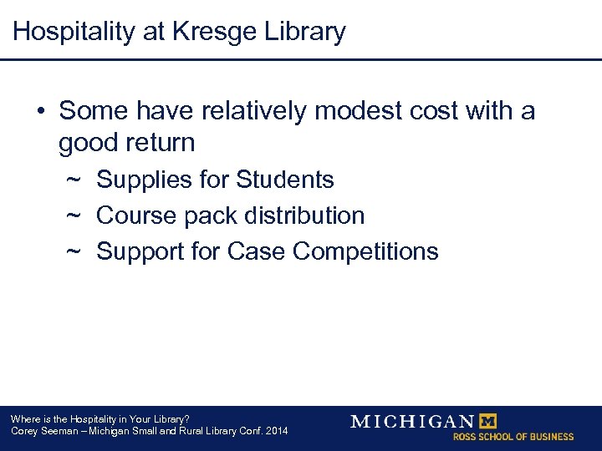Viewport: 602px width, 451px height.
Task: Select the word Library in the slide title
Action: pyautogui.click(x=304, y=33)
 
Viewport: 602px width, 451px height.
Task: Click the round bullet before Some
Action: pyautogui.click(x=40, y=112)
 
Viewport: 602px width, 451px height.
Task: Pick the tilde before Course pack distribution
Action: pyautogui.click(x=73, y=216)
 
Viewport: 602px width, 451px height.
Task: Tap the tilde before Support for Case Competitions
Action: pyautogui.click(x=73, y=252)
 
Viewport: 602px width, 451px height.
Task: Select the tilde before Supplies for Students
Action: pyautogui.click(x=73, y=180)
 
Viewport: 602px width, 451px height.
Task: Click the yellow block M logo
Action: pyautogui.click(x=486, y=421)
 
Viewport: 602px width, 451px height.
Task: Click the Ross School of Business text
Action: pyautogui.click(x=513, y=437)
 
